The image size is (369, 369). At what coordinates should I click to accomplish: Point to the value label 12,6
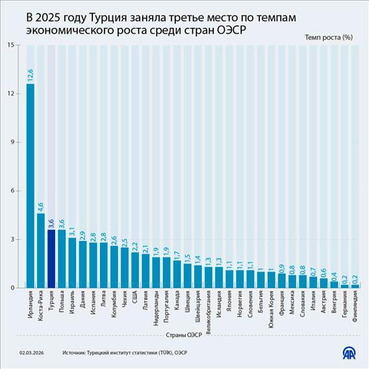click(30, 74)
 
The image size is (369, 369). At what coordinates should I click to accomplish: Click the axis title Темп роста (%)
click(328, 37)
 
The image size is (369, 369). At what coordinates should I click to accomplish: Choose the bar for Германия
click(345, 286)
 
